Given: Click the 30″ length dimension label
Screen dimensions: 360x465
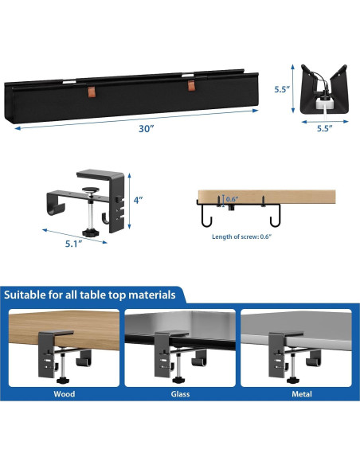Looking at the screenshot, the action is [x=147, y=129].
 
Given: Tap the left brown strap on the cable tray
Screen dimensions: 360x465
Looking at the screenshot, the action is [x=92, y=92].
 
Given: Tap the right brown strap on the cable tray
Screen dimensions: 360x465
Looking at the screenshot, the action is [x=191, y=85].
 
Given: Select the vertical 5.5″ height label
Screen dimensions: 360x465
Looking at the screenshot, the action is [x=282, y=89].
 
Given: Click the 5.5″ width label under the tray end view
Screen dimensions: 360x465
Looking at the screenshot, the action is [x=324, y=128].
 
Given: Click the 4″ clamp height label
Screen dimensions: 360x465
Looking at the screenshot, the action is [x=138, y=200].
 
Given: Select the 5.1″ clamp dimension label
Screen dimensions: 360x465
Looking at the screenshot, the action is [x=73, y=244].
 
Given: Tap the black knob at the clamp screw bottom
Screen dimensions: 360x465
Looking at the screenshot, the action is [x=90, y=232].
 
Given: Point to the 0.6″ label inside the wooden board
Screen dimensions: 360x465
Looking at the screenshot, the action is [x=233, y=199].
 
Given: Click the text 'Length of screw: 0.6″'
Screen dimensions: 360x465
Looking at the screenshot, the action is [x=241, y=236].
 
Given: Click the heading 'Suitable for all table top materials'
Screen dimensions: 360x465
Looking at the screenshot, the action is [x=90, y=295].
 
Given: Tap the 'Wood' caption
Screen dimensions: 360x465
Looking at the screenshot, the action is [x=64, y=394].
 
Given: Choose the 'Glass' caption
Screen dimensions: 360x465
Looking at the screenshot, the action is [x=180, y=394].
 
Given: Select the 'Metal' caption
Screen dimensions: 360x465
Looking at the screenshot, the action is [x=302, y=394].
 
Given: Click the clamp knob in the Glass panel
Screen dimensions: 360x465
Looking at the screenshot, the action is [x=178, y=379].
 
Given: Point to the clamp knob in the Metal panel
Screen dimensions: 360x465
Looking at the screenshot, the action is [x=292, y=380].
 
